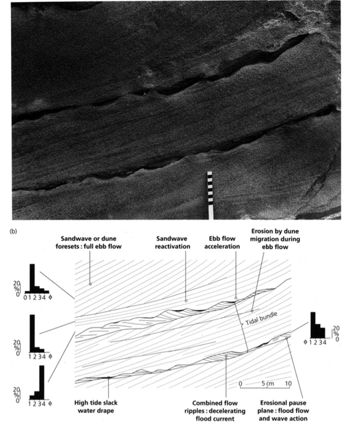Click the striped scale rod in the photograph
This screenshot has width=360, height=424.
pos(210,195)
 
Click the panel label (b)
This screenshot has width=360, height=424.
pos(13,231)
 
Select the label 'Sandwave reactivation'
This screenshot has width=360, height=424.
pos(173,243)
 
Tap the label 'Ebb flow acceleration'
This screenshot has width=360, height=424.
pos(222,243)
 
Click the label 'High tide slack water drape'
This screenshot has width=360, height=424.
pos(96,407)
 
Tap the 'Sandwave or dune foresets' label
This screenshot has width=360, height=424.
pos(89,243)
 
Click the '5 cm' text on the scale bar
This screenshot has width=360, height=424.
pos(268,383)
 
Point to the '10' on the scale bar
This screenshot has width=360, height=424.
pos(288,383)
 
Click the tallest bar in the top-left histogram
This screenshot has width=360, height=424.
pos(32,278)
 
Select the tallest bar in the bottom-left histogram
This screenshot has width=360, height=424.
pos(42,382)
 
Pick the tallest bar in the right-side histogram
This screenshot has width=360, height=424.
pos(313,325)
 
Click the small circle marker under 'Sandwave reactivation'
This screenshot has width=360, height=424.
pos(186,301)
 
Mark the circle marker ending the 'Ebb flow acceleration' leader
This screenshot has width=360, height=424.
pos(236,298)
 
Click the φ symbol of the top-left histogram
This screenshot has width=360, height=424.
pos(50,297)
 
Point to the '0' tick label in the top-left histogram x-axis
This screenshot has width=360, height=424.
pos(25,298)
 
